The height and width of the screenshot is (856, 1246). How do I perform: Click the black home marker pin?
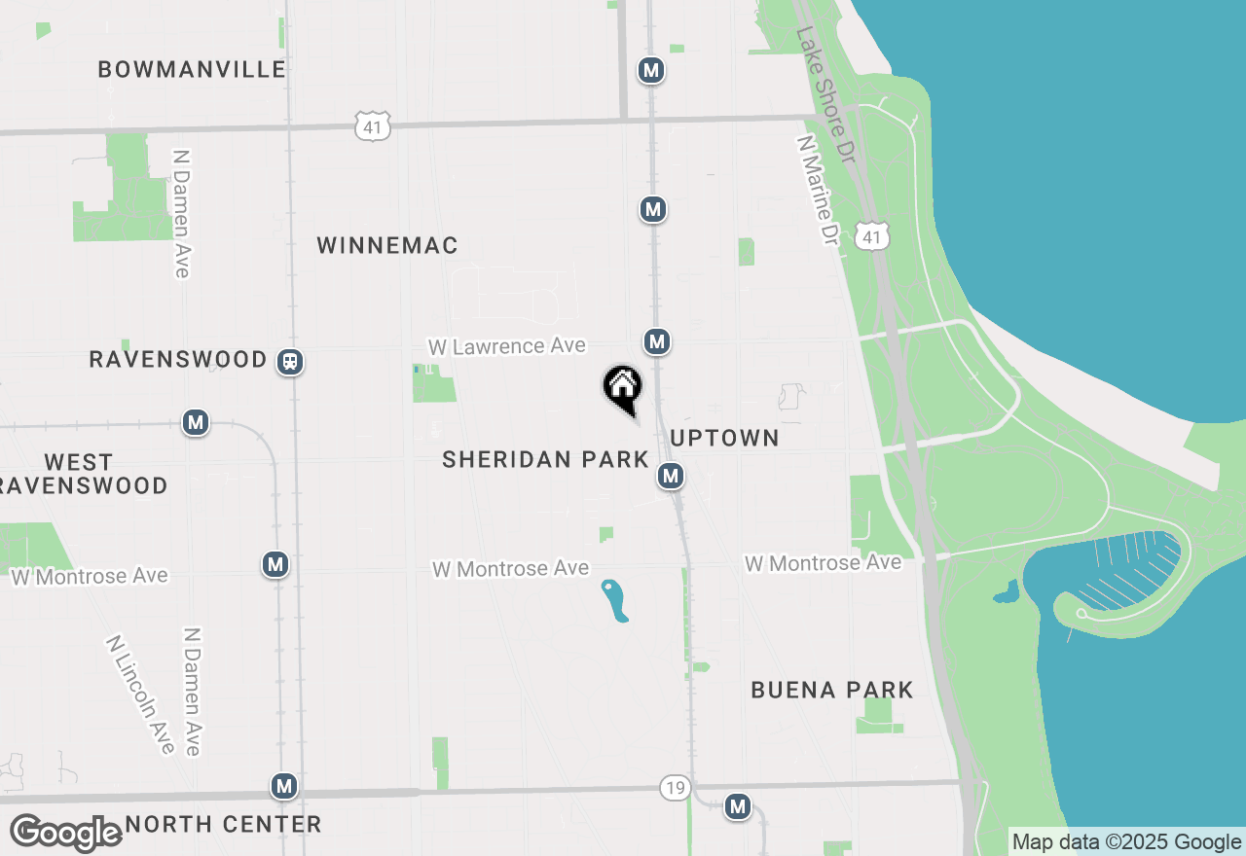[622, 387]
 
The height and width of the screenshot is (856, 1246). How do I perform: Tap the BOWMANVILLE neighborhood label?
[192, 69]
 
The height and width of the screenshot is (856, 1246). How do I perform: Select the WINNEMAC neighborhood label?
[387, 246]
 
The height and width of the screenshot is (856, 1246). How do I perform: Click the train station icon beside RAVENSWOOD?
[290, 362]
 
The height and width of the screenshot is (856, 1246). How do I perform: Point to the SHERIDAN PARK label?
[545, 460]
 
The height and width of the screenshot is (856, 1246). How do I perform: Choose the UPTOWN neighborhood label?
[725, 439]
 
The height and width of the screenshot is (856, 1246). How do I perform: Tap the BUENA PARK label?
[832, 691]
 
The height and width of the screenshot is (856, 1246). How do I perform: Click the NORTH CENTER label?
[223, 825]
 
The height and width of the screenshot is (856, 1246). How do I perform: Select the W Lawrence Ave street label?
[507, 346]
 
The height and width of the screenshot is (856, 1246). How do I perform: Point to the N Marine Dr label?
[817, 190]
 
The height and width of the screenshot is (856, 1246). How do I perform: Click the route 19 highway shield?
[675, 787]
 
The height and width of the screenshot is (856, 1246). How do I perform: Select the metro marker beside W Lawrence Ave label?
[657, 341]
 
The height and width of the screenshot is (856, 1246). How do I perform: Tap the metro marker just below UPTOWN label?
[670, 476]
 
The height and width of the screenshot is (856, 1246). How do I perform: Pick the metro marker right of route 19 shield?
[738, 806]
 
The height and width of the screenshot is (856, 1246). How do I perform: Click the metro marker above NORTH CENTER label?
[284, 786]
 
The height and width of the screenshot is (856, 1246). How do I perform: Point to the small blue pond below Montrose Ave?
[614, 600]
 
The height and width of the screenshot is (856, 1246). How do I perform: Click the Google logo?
[65, 834]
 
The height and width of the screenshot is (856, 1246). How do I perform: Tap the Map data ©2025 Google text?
[1126, 842]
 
